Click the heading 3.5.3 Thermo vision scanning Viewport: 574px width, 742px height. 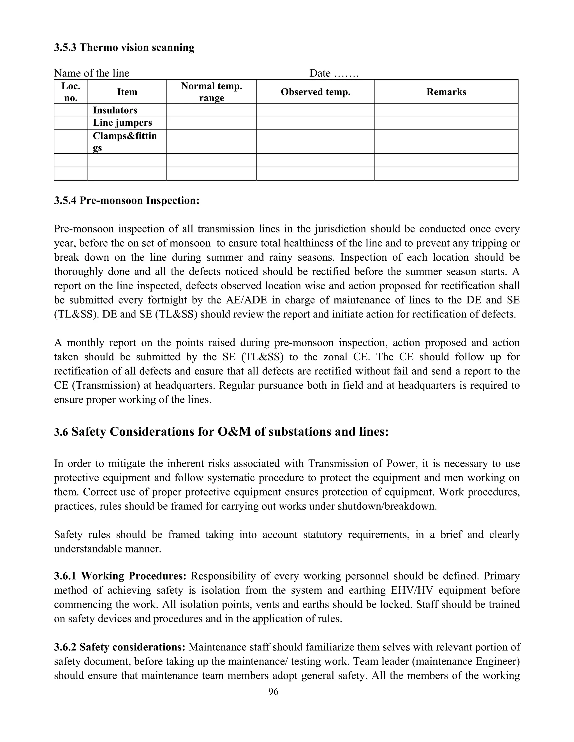[124, 47]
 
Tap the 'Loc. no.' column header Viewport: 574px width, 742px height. [71, 92]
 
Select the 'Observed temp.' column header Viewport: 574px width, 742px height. [315, 92]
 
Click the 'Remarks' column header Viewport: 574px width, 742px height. [446, 92]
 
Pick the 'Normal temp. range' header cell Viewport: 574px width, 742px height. [212, 92]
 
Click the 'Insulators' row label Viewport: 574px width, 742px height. [115, 110]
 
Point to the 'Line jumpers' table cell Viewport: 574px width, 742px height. [122, 123]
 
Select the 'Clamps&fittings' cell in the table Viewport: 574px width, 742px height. [124, 142]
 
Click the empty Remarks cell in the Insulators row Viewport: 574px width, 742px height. [446, 110]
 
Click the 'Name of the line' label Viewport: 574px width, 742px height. [91, 73]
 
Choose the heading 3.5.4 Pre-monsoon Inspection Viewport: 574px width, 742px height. [126, 200]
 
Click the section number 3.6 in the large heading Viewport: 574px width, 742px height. [61, 432]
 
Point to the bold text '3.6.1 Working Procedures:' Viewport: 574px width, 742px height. [120, 576]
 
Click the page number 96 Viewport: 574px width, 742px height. [273, 691]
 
